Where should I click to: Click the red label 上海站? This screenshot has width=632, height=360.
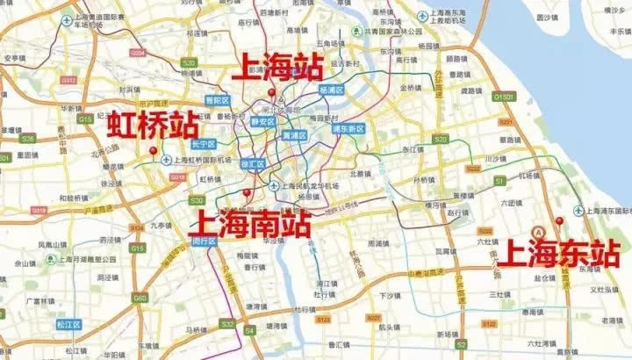click(x=276, y=68)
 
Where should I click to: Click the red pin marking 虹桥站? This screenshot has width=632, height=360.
click(x=154, y=150)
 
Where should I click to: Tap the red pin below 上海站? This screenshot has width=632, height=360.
click(x=272, y=93)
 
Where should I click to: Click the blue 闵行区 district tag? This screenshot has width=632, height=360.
click(x=203, y=240)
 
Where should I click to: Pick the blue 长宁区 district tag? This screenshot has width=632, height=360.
click(x=204, y=142)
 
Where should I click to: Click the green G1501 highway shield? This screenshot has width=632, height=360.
click(x=503, y=96)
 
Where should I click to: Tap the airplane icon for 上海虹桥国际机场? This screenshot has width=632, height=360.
click(x=167, y=161)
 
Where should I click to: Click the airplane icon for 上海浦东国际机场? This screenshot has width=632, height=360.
click(x=578, y=211)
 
